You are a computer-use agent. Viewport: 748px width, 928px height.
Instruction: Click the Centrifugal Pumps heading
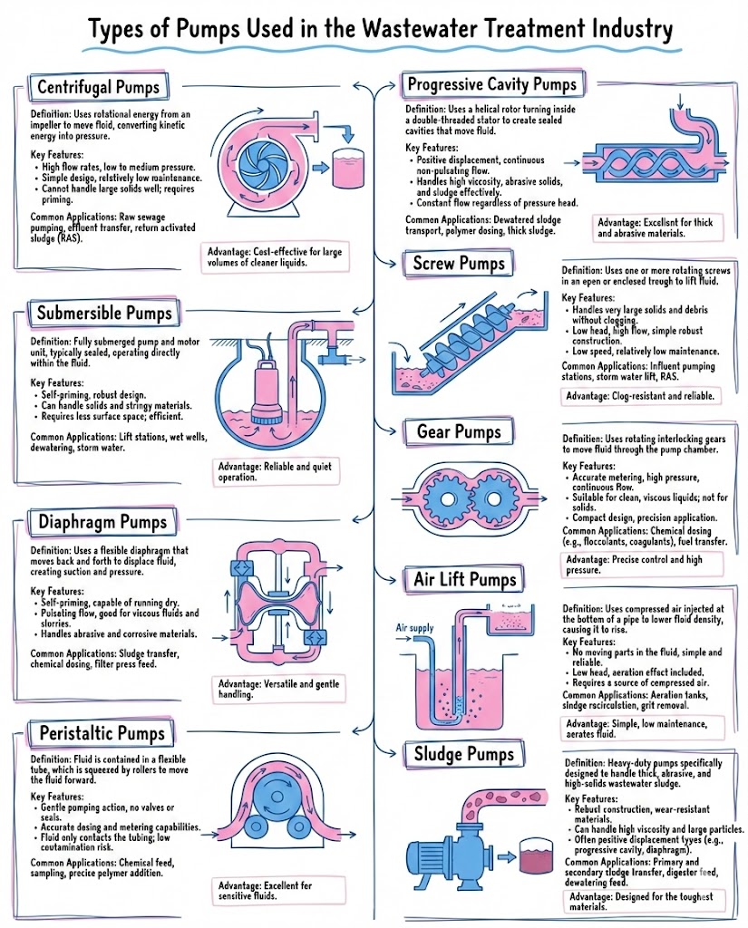pos(98,88)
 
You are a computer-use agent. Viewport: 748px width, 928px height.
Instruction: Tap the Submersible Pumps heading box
pos(103,314)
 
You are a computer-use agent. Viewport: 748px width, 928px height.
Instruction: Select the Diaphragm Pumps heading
pos(102,522)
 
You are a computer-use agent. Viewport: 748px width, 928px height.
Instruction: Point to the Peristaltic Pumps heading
pos(102,731)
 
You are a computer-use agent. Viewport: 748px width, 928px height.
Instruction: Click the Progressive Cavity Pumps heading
pos(491,85)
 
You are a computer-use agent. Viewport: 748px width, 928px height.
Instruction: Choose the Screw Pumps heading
pos(458,264)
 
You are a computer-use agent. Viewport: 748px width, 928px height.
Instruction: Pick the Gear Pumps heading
pos(458,431)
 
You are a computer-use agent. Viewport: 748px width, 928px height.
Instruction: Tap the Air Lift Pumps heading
pos(464,579)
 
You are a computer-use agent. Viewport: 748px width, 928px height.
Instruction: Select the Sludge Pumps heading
pos(464,753)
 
